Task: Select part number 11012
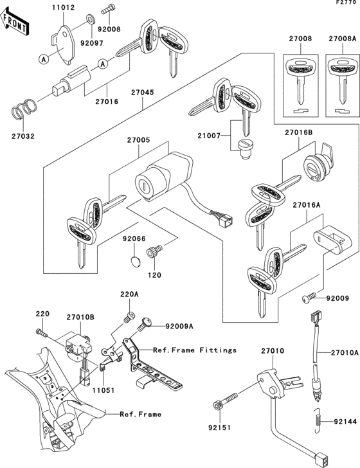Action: point(63,8)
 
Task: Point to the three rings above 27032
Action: point(25,108)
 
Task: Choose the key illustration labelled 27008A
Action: point(341,77)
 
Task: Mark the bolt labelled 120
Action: point(154,253)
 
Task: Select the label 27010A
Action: point(345,352)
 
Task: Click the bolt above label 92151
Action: point(219,408)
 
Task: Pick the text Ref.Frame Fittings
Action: point(195,350)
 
